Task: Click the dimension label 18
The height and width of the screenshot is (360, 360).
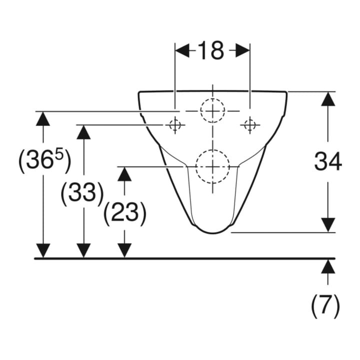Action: point(210,50)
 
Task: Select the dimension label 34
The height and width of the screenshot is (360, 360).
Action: point(328,161)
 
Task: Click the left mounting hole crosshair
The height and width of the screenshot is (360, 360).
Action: point(175,125)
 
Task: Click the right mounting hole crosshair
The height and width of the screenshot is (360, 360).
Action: point(250,125)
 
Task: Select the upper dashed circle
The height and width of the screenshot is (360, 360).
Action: point(212,98)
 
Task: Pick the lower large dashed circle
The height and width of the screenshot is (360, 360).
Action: point(212,150)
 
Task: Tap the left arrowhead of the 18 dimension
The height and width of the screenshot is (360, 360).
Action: point(182,50)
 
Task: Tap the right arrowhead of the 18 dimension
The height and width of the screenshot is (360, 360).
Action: point(242,50)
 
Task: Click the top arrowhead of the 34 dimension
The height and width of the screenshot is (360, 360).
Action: point(328,99)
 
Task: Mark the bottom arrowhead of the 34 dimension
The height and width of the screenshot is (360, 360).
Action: point(328,225)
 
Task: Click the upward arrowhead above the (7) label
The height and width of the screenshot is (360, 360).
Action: point(328,266)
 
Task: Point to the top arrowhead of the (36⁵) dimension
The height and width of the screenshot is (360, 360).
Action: point(43,118)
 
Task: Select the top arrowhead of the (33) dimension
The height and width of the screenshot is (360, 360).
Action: point(83,132)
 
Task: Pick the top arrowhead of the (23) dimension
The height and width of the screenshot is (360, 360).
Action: point(124,174)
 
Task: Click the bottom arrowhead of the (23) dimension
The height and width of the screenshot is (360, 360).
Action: point(124,250)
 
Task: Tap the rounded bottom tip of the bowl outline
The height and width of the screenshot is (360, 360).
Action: point(212,233)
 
